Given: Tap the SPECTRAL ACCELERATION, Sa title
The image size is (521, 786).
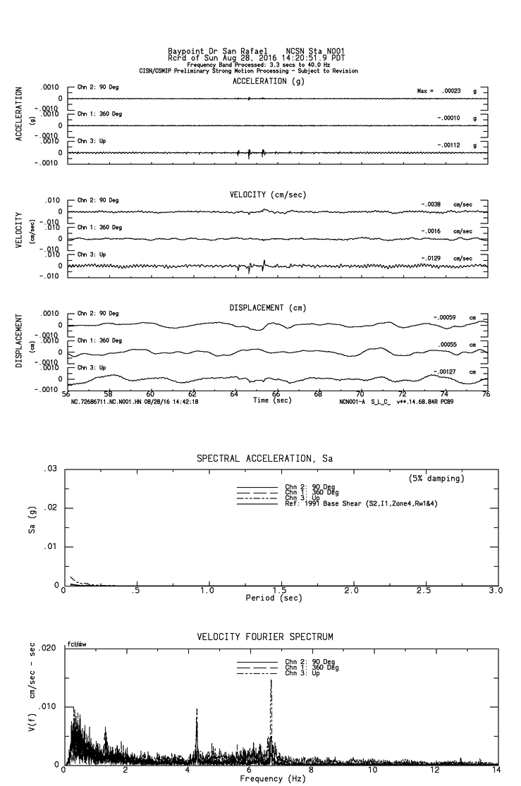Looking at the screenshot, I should [x=265, y=458].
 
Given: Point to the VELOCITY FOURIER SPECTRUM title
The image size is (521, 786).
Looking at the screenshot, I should [x=265, y=637].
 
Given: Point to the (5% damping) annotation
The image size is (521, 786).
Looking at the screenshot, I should [x=436, y=478].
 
